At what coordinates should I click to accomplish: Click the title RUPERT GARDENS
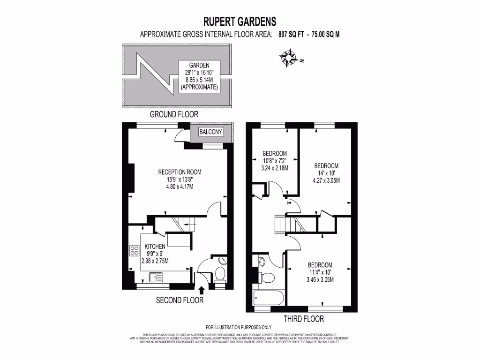240,22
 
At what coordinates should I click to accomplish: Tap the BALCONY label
211,132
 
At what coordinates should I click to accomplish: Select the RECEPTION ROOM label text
180,172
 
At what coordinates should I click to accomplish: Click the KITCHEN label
155,247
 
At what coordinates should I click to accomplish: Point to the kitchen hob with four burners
135,251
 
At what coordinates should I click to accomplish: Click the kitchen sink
156,277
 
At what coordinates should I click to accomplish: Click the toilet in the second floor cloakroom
219,273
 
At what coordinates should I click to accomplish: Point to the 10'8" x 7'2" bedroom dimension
275,161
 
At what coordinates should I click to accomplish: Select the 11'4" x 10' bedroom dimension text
320,272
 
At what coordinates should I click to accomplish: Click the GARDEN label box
199,76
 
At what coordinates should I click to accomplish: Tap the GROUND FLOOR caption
173,114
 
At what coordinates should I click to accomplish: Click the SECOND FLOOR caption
180,300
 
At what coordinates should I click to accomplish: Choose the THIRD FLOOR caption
304,319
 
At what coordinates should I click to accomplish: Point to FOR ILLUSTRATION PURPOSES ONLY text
239,327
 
